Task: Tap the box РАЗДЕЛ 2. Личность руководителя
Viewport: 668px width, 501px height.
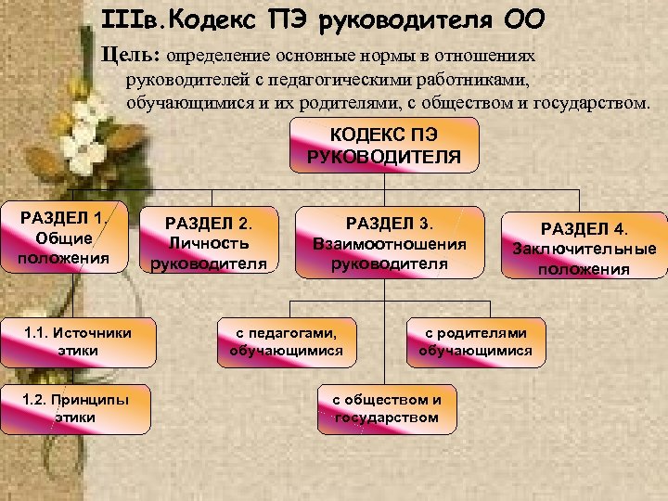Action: click(209, 241)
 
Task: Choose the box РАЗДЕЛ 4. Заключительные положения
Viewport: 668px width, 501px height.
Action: click(584, 247)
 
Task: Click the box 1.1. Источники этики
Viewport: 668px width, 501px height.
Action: click(78, 340)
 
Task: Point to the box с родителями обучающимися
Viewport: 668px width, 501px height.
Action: click(475, 341)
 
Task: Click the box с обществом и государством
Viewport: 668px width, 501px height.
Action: click(387, 408)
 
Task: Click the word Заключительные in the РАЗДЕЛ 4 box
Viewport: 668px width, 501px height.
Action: click(584, 249)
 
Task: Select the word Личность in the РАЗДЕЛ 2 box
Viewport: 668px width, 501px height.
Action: click(209, 243)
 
